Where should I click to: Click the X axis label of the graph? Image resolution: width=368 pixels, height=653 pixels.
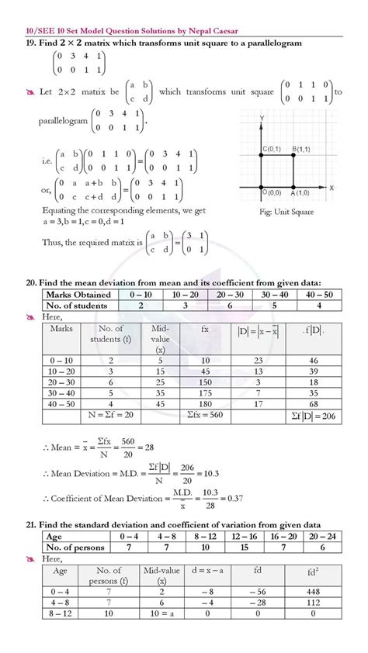331,188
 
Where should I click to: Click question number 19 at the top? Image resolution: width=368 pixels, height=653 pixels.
32,43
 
